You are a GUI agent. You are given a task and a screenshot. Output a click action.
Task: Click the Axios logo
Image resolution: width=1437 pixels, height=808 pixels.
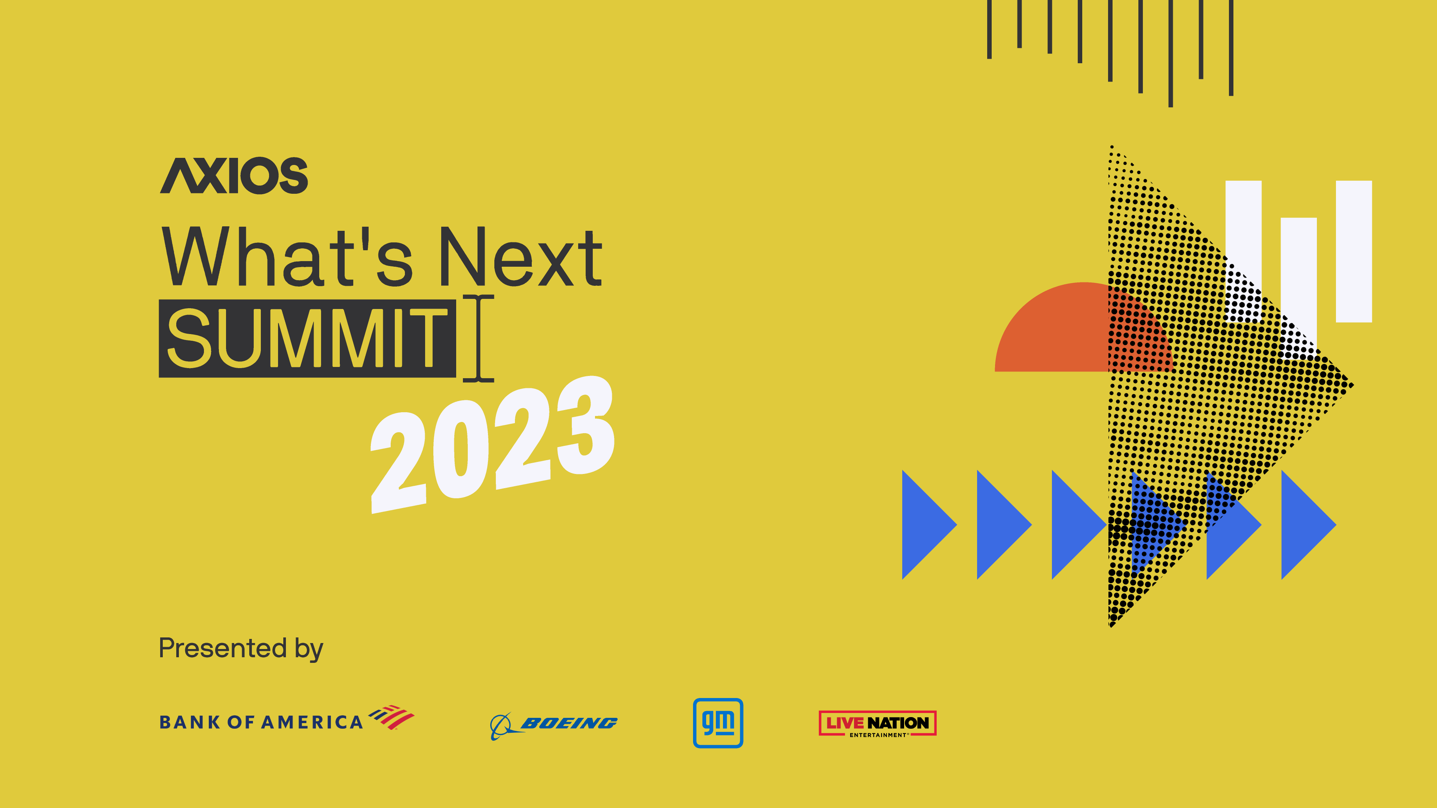click(234, 176)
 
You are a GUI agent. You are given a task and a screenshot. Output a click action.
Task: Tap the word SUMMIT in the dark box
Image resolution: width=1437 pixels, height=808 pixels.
click(307, 339)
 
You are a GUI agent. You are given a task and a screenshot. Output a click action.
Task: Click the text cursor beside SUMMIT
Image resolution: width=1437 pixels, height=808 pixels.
click(479, 339)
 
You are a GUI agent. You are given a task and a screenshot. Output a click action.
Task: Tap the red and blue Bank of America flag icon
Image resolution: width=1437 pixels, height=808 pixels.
click(391, 717)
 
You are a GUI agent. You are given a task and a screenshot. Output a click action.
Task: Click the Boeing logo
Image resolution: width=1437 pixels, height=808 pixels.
click(554, 724)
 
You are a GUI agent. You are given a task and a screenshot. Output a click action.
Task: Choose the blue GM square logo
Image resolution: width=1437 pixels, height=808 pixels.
click(718, 723)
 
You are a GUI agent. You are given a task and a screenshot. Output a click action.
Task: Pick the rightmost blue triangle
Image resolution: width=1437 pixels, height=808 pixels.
click(1303, 525)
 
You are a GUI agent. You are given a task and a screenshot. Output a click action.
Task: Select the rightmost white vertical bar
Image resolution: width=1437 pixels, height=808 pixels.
click(1354, 251)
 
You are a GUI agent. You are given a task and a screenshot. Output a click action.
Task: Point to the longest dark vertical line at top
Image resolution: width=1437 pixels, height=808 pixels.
click(1170, 53)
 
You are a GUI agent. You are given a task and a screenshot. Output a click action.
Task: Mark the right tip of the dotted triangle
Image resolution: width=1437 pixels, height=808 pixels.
click(1350, 385)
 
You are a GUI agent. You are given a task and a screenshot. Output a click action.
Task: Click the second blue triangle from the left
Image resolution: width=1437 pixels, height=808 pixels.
click(998, 525)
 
